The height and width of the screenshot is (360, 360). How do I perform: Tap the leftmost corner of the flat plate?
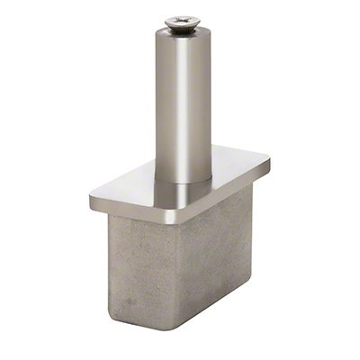click(91, 195)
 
